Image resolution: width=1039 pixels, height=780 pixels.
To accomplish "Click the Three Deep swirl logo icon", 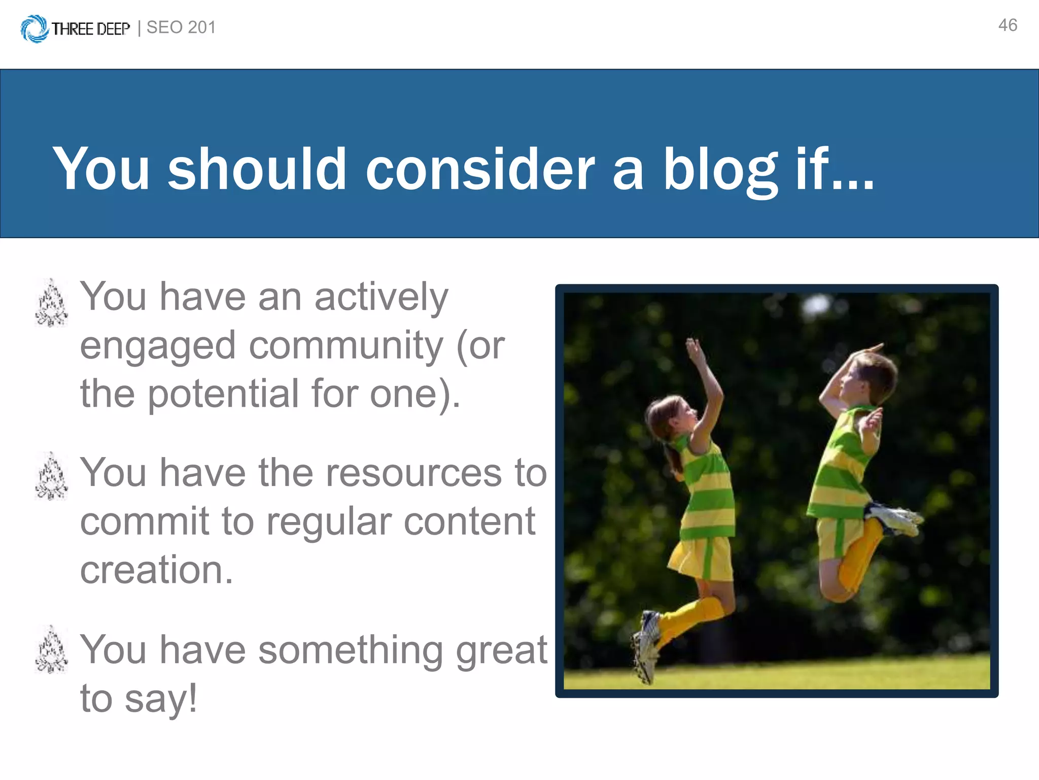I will tap(34, 28).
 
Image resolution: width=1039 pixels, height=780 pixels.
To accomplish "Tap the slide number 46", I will tap(1008, 25).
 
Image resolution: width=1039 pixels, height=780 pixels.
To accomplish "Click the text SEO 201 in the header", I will tap(181, 27).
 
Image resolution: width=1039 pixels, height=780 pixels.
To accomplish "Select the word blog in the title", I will tap(720, 170).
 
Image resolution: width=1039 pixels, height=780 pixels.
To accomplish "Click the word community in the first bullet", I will tap(347, 346).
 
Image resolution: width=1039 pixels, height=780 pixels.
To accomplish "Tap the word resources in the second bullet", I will tap(413, 473).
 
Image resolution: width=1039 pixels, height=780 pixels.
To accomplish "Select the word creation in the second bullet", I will tap(156, 570).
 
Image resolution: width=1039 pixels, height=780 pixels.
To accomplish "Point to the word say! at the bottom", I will tap(161, 699).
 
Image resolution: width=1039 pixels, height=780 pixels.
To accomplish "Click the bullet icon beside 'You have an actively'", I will tap(51, 303).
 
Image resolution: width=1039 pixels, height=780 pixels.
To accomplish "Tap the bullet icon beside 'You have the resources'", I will tap(51, 476).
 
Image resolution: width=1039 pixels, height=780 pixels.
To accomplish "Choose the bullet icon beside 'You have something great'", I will tap(51, 650).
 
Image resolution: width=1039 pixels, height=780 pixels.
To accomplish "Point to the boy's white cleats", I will tap(895, 518).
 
